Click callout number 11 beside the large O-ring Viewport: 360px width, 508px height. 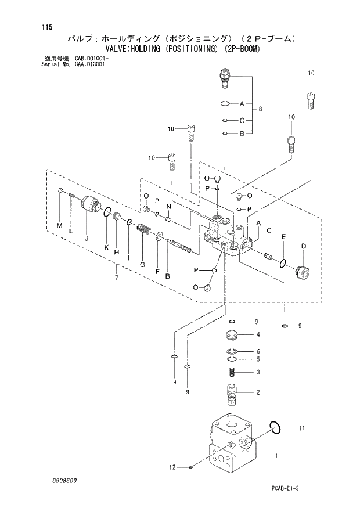[301, 429]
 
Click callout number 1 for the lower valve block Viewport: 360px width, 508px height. [276, 456]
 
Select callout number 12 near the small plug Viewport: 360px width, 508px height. [172, 467]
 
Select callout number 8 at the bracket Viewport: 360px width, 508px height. [261, 109]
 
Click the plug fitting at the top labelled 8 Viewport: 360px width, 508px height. [225, 77]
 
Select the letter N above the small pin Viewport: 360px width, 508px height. [168, 206]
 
